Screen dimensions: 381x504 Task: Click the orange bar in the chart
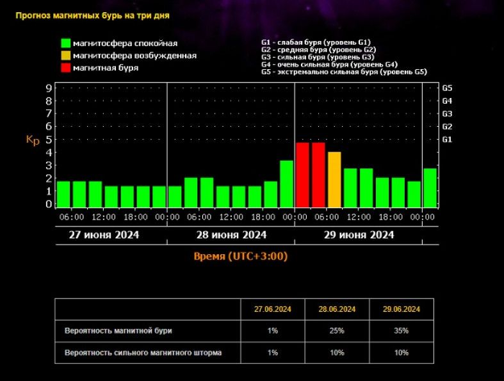[x=334, y=179]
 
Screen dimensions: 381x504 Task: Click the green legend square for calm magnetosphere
[x=65, y=44]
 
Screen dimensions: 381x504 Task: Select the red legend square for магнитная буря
[x=65, y=67]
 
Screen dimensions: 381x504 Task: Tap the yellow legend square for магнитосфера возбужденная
[x=65, y=56]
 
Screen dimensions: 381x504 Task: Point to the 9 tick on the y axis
[x=49, y=88]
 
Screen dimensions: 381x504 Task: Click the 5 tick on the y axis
[x=49, y=139]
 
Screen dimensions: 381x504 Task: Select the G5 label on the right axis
[x=448, y=88]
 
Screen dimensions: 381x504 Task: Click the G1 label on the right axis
[x=448, y=139]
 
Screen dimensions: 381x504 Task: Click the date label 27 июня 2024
[x=104, y=235]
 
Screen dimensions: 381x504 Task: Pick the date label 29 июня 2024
[x=359, y=235]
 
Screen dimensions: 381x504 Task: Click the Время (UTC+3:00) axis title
[x=241, y=257]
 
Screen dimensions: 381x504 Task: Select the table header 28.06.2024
[x=337, y=309]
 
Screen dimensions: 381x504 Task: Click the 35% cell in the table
[x=401, y=331]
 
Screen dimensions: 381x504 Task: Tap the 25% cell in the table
[x=337, y=331]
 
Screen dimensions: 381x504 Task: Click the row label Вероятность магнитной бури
[x=118, y=331]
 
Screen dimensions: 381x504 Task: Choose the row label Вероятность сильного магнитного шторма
[x=143, y=353]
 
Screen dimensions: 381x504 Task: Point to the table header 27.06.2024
[x=272, y=309]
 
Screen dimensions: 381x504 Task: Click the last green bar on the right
[x=430, y=188]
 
